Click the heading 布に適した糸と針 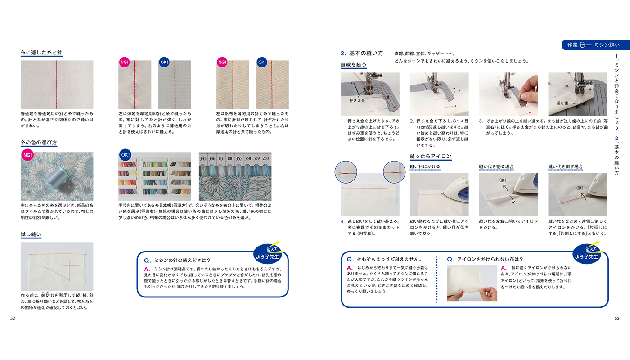41,53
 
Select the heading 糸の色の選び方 39,143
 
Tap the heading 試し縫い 31,234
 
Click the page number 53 617,319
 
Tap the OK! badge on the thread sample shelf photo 125,155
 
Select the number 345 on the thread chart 204,159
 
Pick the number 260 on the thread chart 265,159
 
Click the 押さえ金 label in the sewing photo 357,101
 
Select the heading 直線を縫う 353,65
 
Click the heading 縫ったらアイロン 431,157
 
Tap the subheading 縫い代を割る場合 496,166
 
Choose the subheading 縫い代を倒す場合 566,166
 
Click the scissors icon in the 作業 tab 585,45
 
